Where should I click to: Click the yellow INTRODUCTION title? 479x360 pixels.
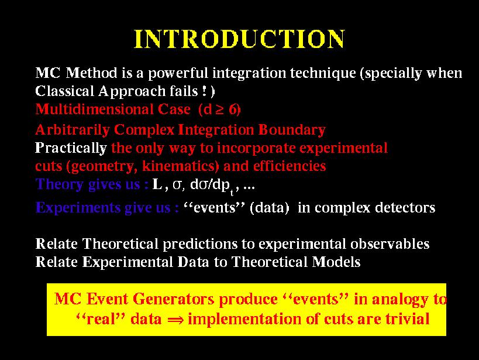[x=240, y=39]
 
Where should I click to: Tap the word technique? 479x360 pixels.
[x=323, y=74]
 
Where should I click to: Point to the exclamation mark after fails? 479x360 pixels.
[x=204, y=91]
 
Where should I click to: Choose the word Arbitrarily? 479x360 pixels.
[x=73, y=130]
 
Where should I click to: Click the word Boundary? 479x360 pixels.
[x=292, y=130]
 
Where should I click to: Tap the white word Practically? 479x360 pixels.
[x=71, y=148]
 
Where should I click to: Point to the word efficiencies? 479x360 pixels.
[x=290, y=166]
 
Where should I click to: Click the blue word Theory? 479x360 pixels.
[x=59, y=184]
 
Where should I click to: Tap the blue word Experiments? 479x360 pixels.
[x=78, y=208]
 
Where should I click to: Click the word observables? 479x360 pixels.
[x=390, y=244]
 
